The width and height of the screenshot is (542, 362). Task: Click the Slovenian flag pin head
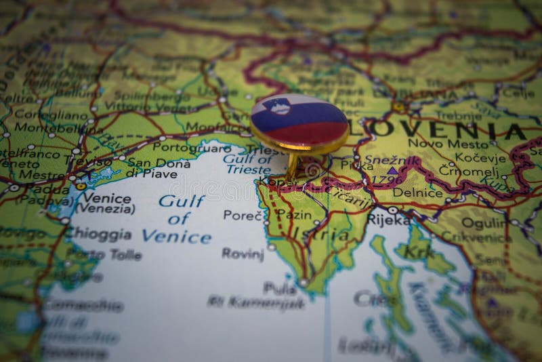(299, 123)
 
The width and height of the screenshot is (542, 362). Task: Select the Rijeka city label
(389, 220)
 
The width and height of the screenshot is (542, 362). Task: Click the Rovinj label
(243, 254)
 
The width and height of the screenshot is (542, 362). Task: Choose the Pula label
(280, 287)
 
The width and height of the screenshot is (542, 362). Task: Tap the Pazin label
(295, 214)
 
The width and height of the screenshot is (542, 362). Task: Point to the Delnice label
(409, 193)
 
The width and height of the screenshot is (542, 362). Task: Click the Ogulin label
(484, 222)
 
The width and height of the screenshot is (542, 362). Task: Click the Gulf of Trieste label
(248, 164)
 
